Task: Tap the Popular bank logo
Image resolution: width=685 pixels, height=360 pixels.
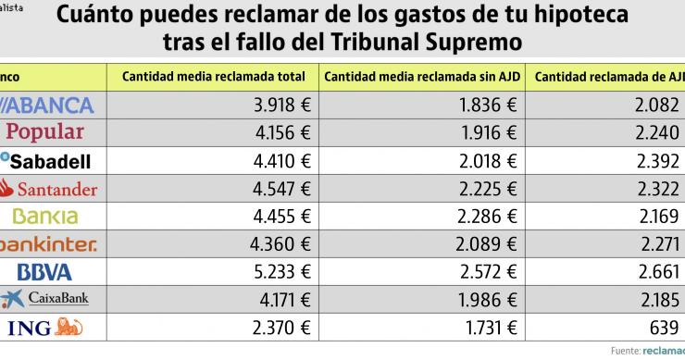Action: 45,132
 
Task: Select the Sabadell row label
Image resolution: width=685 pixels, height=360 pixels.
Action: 46,160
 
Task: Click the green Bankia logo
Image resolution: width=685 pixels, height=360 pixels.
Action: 45,217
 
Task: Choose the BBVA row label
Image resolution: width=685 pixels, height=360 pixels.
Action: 44,272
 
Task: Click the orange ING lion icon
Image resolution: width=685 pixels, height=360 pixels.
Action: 69,327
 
